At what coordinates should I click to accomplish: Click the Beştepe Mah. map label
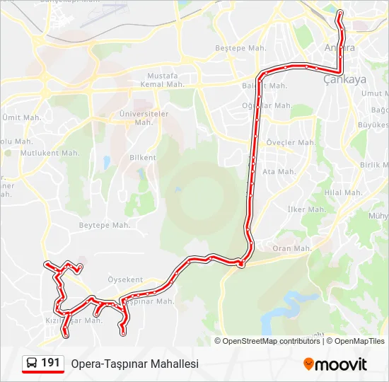tap(239, 49)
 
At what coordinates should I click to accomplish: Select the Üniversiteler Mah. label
tap(144, 117)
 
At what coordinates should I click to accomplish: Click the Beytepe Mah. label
tap(104, 225)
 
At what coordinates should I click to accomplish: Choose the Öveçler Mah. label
tap(291, 142)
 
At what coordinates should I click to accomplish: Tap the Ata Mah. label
tap(279, 171)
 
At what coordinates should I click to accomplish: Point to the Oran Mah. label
tap(291, 248)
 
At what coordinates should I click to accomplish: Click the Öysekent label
tap(124, 279)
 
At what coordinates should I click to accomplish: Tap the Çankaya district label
tap(344, 79)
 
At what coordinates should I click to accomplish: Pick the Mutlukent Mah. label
tap(50, 152)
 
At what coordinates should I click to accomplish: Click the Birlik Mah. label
tap(374, 164)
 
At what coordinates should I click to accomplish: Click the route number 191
tap(50, 363)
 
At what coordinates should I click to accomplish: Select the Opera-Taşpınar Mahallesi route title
tap(134, 364)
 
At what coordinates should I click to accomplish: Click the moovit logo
tap(335, 364)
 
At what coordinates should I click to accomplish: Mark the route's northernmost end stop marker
tap(339, 12)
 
